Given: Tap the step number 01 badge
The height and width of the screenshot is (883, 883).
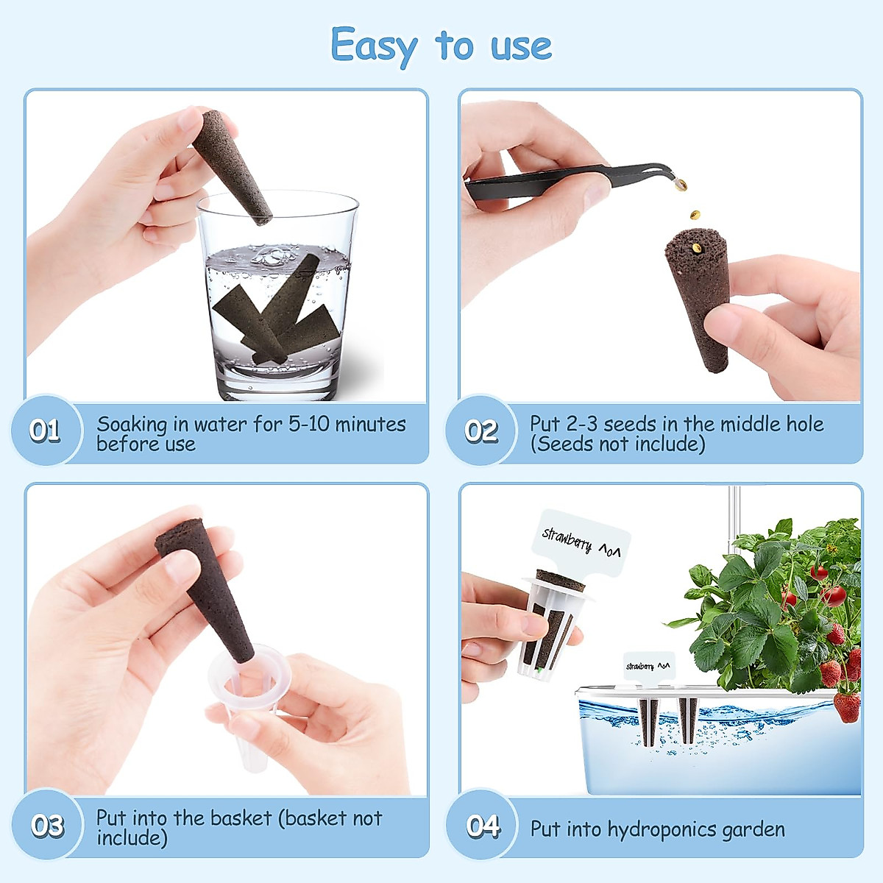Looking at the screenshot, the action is pyautogui.click(x=45, y=430).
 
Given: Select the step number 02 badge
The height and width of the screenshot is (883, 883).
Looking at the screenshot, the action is pyautogui.click(x=480, y=430).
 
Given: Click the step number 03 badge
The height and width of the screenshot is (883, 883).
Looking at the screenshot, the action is pyautogui.click(x=47, y=825).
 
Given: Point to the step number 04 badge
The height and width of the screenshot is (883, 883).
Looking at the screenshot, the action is pyautogui.click(x=483, y=825).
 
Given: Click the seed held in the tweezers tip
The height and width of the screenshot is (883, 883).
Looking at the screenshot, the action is pyautogui.click(x=681, y=184).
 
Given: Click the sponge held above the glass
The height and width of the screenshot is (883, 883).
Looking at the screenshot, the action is pyautogui.click(x=233, y=167).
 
